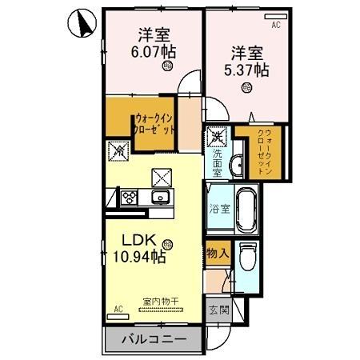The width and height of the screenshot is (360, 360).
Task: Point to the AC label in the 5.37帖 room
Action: coord(276,26)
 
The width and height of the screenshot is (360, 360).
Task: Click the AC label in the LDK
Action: coord(118,307)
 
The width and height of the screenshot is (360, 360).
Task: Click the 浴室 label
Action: coord(219,210)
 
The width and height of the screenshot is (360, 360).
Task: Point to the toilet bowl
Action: coord(247,260)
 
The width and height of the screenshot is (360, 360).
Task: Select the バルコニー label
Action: coord(154,339)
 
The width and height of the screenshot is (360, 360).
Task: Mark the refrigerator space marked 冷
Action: coord(118,150)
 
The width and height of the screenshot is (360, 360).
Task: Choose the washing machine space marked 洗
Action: coord(217,137)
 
